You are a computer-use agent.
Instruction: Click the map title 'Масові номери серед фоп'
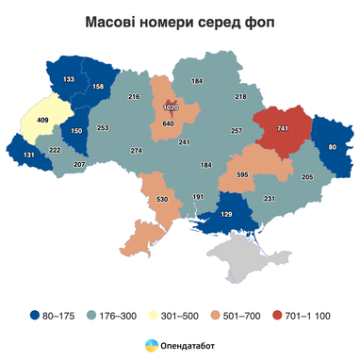179,21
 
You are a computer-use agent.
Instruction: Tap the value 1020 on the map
171,108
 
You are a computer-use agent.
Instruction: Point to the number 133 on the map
69,80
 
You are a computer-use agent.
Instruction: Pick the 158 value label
99,87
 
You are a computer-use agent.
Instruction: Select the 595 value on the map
242,174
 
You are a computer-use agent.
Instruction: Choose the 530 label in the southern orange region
163,200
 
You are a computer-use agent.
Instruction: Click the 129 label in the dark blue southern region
226,216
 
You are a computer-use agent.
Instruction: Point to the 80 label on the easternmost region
333,148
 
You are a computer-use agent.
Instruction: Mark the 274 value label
137,151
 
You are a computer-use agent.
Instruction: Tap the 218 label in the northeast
240,97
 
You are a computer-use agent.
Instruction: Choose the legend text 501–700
240,316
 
